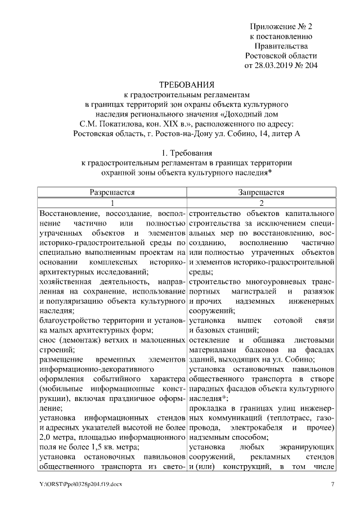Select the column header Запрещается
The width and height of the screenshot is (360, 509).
point(261,192)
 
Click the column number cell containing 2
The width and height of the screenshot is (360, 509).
point(261,203)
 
